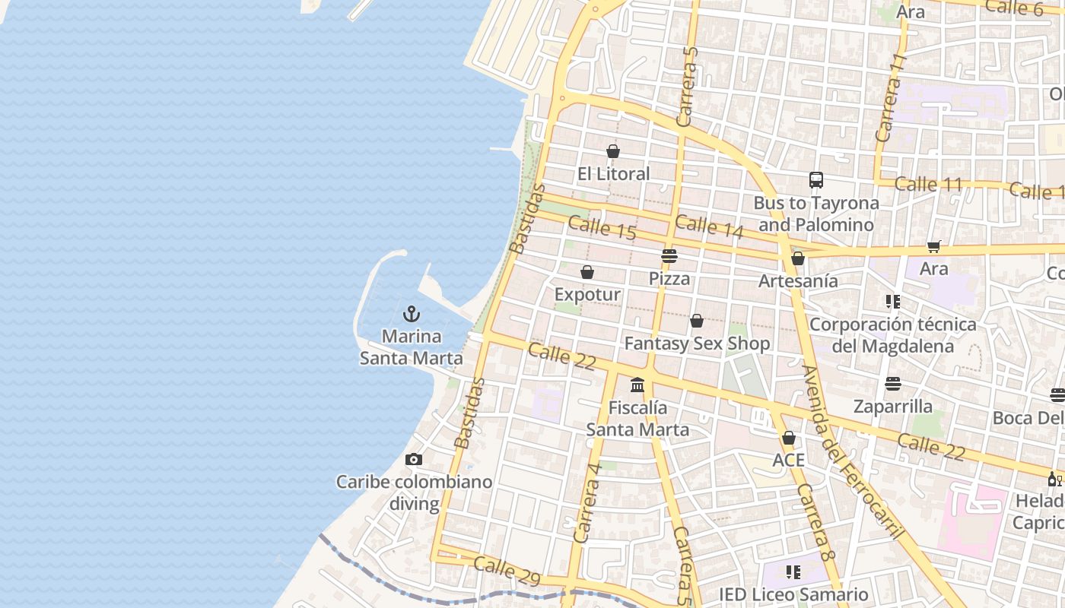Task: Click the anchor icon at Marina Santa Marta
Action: click(x=412, y=313)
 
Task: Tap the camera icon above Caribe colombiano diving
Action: click(x=414, y=459)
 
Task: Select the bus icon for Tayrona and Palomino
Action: click(x=816, y=180)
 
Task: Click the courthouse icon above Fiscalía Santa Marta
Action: click(x=637, y=385)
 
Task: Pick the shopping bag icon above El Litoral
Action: click(x=613, y=151)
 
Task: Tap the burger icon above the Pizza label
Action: click(x=669, y=256)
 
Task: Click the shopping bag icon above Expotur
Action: click(x=587, y=272)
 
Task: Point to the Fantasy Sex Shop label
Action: click(x=697, y=344)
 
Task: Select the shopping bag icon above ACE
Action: click(x=789, y=438)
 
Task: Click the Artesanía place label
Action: click(x=798, y=281)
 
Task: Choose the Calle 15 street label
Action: click(x=602, y=228)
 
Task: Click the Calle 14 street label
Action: click(x=708, y=226)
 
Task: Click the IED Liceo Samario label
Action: click(x=793, y=594)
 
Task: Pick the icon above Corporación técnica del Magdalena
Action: click(x=893, y=302)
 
